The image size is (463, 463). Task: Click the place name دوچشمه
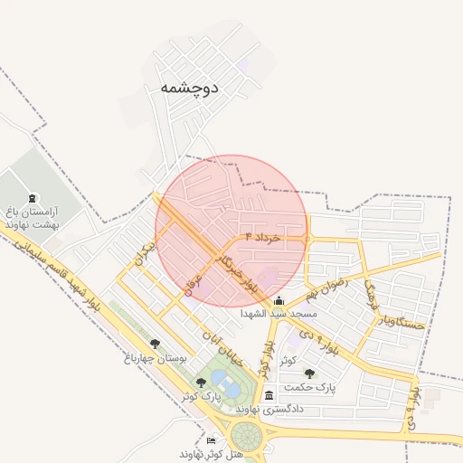(189, 88)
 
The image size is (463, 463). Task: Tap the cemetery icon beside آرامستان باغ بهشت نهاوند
(33, 199)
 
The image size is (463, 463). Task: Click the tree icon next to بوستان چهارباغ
(156, 344)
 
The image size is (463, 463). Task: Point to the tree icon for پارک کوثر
(201, 383)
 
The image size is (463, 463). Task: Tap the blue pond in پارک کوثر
(228, 388)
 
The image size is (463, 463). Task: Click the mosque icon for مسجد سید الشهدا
(279, 301)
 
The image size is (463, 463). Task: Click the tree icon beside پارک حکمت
(309, 373)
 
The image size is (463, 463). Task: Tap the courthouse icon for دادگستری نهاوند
(269, 396)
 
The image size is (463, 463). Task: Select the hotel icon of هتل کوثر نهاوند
(212, 440)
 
